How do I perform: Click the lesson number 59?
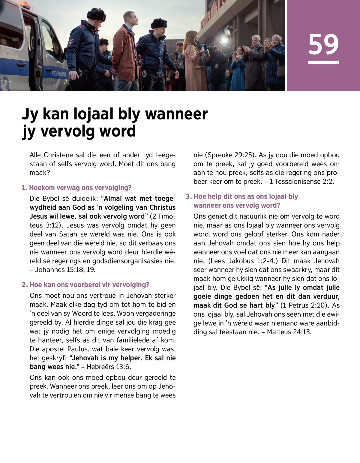click(323, 44)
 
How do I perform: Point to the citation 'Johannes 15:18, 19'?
click(65, 270)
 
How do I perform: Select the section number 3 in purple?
click(188, 197)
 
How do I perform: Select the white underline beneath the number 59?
click(323, 62)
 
